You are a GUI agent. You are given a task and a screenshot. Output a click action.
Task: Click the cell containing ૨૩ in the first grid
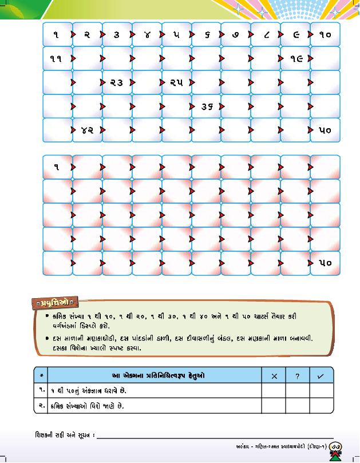[117, 82]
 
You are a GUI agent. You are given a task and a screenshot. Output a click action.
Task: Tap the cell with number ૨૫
[176, 82]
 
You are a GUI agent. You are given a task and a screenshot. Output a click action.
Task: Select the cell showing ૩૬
[206, 106]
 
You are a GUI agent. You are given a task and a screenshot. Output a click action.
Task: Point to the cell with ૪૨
[87, 130]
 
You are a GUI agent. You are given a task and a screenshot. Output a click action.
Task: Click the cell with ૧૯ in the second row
[295, 58]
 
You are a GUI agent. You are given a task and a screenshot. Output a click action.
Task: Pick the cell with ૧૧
[57, 58]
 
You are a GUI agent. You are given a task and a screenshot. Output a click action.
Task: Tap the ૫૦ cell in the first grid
[325, 130]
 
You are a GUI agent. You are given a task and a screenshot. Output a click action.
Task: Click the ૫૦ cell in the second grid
[325, 263]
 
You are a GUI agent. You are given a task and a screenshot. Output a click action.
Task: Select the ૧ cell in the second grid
[57, 167]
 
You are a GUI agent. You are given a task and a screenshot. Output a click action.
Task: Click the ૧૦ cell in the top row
[325, 34]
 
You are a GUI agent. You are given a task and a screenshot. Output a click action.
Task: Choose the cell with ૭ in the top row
[236, 34]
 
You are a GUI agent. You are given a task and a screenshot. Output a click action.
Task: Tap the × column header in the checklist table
[274, 375]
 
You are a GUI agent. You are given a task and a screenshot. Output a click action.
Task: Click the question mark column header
[298, 375]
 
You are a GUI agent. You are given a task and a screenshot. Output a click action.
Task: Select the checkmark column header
[321, 375]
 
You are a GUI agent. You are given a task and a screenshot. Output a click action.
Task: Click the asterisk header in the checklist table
[41, 375]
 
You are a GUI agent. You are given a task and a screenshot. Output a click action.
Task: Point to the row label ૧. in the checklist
[41, 390]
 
